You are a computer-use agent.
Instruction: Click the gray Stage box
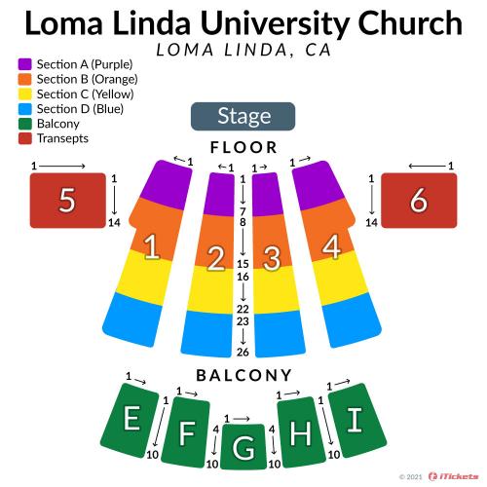(243, 116)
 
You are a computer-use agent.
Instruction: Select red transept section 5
(68, 201)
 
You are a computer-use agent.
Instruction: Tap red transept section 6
(419, 201)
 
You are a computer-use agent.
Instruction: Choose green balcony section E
(130, 420)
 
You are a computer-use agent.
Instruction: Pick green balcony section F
(186, 432)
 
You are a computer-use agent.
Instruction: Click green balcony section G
(243, 447)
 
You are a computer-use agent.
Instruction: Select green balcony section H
(301, 432)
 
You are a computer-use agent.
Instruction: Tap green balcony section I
(356, 420)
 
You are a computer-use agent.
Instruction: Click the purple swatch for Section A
(25, 64)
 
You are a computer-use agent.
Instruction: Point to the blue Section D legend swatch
(25, 109)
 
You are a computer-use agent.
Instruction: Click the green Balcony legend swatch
(25, 124)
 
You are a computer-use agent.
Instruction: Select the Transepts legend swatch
(25, 138)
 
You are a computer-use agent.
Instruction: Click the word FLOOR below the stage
(243, 147)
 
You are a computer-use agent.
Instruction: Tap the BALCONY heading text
(243, 375)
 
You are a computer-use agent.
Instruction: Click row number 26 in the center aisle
(243, 352)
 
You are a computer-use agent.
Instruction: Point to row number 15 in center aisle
(243, 264)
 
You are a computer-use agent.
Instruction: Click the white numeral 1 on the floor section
(152, 246)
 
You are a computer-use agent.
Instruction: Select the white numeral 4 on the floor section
(331, 246)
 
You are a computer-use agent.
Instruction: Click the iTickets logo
(453, 476)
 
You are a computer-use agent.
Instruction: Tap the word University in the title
(276, 23)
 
